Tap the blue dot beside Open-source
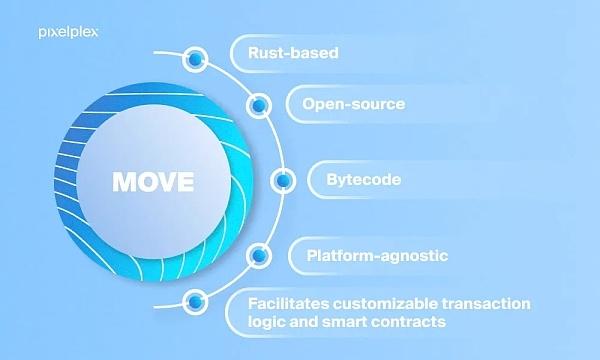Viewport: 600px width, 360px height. pos(259,103)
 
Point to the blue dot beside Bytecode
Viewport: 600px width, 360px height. pos(283,182)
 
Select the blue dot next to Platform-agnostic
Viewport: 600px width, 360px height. pos(258,257)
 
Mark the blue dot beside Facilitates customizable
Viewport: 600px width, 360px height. pos(195,299)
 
